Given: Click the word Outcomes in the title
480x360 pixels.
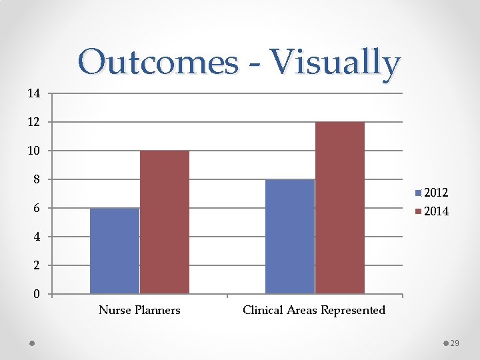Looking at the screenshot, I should tap(157, 63).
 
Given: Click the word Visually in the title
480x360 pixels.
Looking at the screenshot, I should tap(327, 63).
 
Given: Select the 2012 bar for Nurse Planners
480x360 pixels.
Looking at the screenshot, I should tap(115, 251).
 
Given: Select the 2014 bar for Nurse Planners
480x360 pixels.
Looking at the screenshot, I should tap(165, 222).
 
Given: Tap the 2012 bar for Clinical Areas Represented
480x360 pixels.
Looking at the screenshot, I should tap(290, 237).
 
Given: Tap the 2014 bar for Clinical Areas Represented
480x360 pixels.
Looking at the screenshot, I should tap(340, 207).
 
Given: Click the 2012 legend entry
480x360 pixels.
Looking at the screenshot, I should tap(432, 193).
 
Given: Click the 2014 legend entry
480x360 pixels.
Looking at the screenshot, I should tap(432, 211).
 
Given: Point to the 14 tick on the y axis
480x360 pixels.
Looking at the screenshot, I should tap(34, 93).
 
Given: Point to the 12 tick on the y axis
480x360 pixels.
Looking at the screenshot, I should tap(34, 122).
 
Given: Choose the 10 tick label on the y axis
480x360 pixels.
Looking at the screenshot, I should tap(34, 151).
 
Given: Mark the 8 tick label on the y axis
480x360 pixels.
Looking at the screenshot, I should tap(37, 179).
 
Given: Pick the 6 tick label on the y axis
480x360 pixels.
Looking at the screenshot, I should tap(37, 208).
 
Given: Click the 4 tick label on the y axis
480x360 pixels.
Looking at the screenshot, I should tap(37, 237).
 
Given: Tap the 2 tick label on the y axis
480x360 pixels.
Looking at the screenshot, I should tap(37, 265).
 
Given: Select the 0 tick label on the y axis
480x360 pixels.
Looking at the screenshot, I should tap(37, 294).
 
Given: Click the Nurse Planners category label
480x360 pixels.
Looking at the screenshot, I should tap(139, 310).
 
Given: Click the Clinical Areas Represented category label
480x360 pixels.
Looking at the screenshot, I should tap(314, 310).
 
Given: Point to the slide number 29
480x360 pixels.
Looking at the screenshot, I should tap(455, 343).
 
